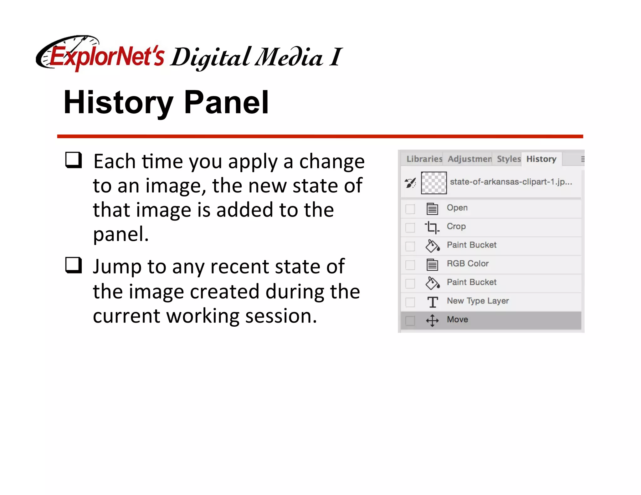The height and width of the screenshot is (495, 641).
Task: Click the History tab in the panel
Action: tap(541, 159)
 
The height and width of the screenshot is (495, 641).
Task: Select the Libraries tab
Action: tap(424, 159)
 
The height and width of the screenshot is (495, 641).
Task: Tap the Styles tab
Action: tap(508, 159)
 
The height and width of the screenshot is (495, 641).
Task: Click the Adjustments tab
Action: tap(469, 159)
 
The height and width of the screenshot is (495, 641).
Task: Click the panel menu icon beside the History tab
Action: tap(582, 159)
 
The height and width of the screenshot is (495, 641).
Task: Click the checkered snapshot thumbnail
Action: tap(433, 183)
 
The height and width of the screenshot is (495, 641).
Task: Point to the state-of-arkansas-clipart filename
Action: tap(510, 182)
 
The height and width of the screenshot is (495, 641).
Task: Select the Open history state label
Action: tap(457, 208)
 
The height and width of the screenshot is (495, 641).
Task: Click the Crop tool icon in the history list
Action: tap(432, 227)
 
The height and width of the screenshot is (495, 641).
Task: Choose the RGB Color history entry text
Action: tap(467, 263)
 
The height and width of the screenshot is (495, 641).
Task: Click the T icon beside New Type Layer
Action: tap(433, 302)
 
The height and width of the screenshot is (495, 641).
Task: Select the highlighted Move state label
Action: tap(457, 319)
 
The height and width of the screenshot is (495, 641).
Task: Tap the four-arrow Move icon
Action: tap(432, 320)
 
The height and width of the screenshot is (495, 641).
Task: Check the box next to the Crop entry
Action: tap(410, 227)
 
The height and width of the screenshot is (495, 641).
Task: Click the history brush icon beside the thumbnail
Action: tap(410, 183)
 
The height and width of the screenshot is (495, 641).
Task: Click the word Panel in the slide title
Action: tap(226, 102)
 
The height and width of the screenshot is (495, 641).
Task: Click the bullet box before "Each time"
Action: tap(74, 160)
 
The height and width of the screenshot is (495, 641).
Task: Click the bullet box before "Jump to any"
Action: tap(74, 265)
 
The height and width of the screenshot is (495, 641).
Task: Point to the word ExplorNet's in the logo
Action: tap(106, 57)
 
